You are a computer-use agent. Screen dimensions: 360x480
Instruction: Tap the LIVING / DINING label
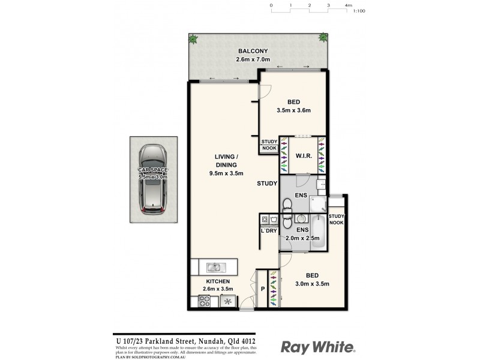coord(226,161)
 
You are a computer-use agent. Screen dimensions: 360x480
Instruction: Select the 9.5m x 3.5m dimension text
coord(226,174)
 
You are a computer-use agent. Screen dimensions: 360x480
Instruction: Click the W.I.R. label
coord(303,156)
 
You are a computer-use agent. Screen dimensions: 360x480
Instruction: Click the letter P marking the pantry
coord(262,289)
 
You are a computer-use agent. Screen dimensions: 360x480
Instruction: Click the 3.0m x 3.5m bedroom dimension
coord(312,284)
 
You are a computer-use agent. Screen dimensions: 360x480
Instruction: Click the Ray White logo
coord(319,347)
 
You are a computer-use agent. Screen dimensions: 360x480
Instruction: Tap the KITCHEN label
coord(218,281)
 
